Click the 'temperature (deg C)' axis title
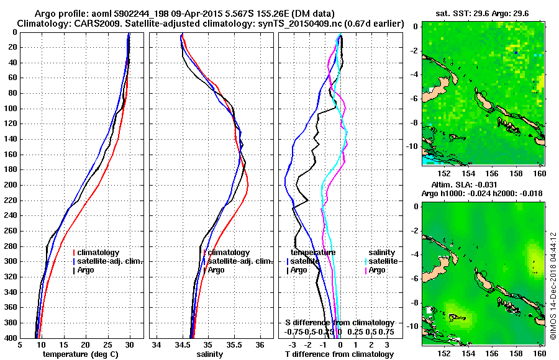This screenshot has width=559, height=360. coord(80,354)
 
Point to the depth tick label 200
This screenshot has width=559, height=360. coord(10,185)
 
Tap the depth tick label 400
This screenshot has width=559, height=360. coord(10,338)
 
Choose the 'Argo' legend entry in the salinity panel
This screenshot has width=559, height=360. coord(216,270)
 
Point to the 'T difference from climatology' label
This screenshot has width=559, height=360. coord(339,354)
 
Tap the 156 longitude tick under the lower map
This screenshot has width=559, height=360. coord(492,353)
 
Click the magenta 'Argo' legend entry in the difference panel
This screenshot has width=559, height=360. coord(376,270)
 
